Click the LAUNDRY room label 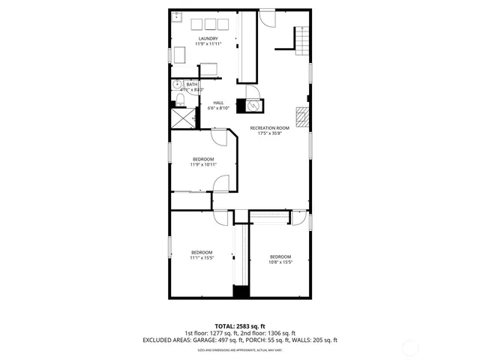tap(208, 38)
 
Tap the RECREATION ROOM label tap(269, 128)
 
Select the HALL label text tap(218, 103)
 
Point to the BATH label tap(192, 85)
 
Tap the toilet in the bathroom tap(180, 99)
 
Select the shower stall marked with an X tap(181, 118)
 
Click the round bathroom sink tap(177, 85)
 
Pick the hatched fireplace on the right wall tap(301, 116)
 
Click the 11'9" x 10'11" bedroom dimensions tap(203, 165)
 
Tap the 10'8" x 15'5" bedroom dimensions tap(280, 262)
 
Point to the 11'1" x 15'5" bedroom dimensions tap(201, 258)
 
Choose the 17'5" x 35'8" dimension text tap(269, 134)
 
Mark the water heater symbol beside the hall tap(250, 106)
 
